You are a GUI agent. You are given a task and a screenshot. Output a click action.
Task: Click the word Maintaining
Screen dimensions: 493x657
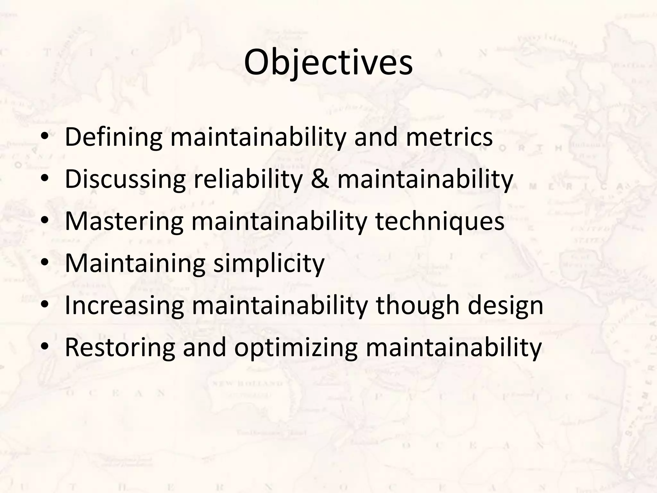135,264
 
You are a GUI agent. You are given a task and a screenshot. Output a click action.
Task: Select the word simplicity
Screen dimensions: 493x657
269,264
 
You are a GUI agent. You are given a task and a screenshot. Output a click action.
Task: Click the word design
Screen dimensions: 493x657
505,306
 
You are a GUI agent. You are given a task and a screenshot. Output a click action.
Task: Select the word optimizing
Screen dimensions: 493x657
296,349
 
